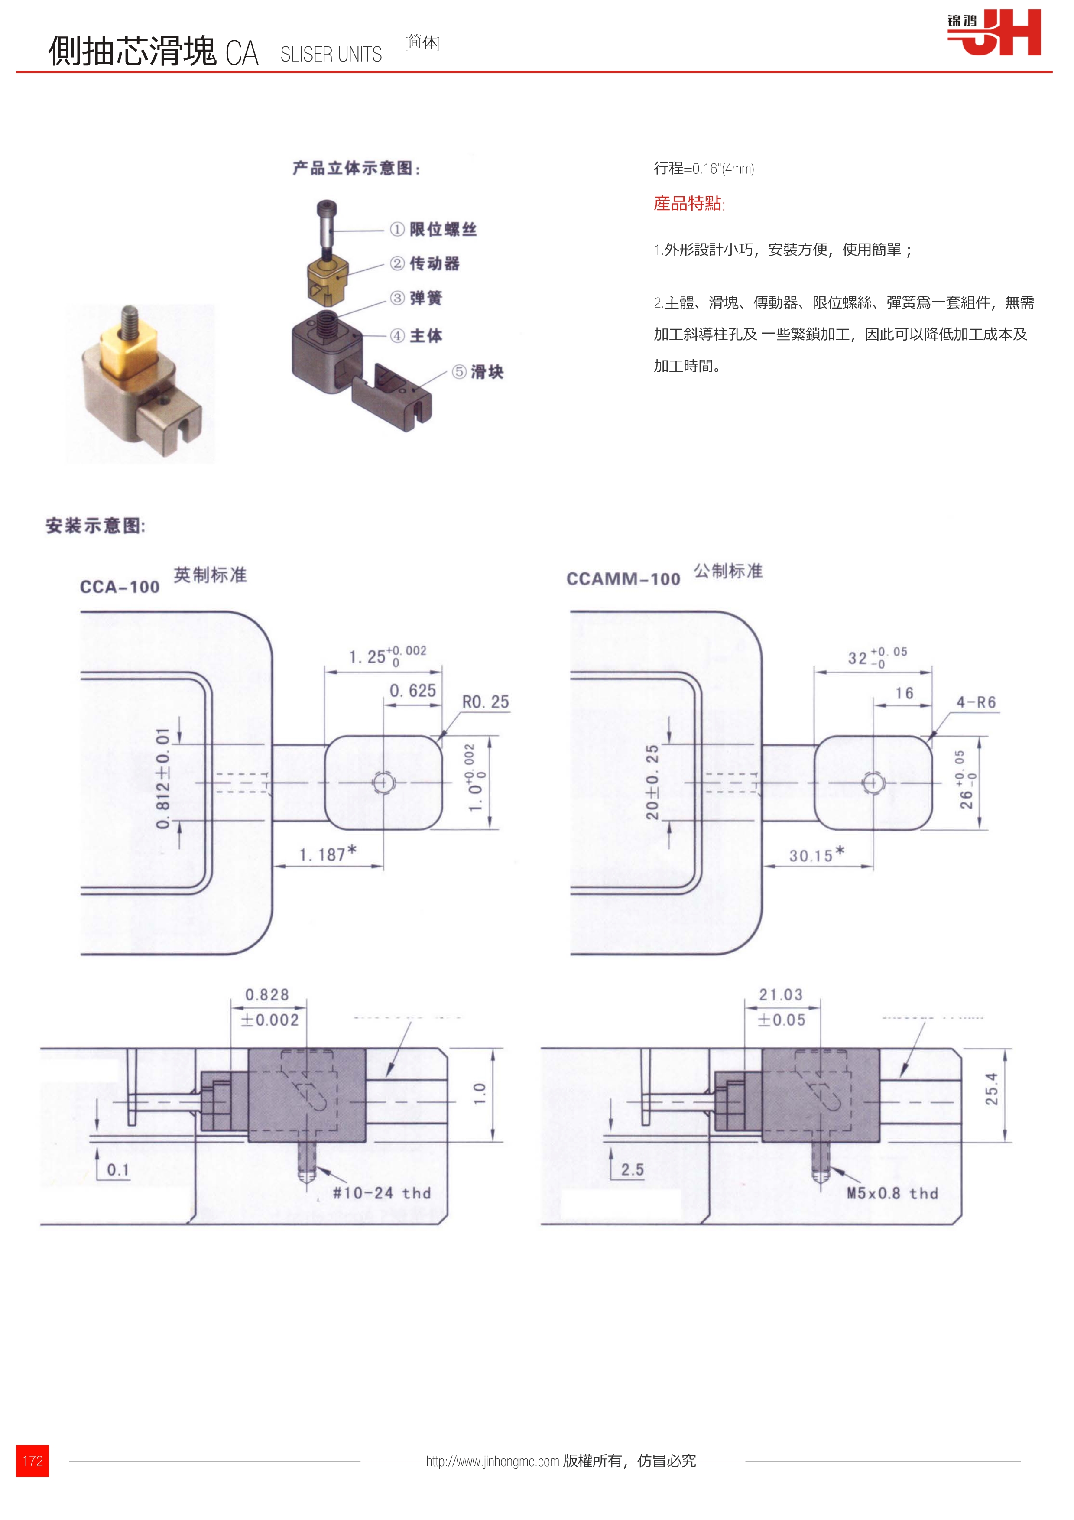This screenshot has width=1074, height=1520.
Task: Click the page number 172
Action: [x=32, y=1460]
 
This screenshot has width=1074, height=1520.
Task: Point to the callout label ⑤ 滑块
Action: [x=478, y=372]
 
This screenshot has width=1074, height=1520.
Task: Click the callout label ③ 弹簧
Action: [x=416, y=298]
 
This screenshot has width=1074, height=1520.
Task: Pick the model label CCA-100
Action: [x=120, y=587]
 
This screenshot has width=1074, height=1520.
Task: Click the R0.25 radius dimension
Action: [x=485, y=702]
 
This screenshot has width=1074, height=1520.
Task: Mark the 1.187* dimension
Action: [x=328, y=854]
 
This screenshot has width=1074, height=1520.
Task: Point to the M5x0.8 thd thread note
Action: [x=892, y=1193]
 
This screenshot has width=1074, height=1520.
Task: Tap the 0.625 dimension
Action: [x=412, y=691]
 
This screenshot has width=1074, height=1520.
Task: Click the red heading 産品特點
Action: [x=689, y=203]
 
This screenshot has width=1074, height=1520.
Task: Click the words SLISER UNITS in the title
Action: [x=331, y=54]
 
